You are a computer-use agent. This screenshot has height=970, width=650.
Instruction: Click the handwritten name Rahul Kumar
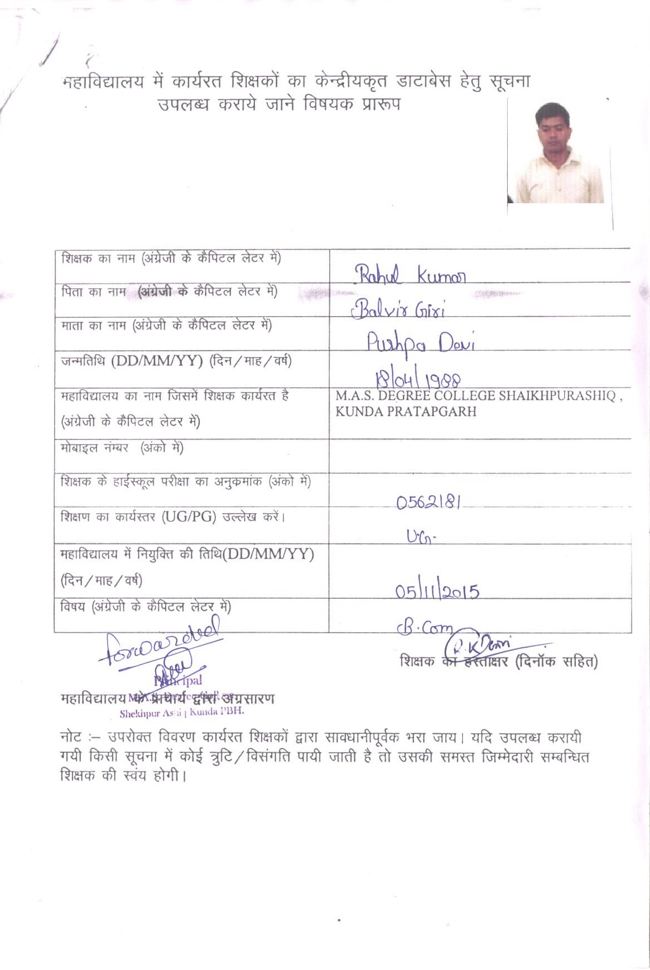click(411, 274)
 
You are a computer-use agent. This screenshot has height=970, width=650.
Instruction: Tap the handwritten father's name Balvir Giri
click(398, 308)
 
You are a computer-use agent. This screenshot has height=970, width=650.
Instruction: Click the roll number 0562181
click(428, 503)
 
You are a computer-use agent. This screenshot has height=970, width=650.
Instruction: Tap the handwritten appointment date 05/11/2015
click(437, 590)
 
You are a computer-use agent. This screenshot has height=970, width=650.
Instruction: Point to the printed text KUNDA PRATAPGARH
click(406, 412)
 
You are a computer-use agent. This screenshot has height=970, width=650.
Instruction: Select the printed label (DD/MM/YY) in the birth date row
click(157, 361)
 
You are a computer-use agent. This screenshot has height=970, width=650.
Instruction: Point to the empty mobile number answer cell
click(480, 456)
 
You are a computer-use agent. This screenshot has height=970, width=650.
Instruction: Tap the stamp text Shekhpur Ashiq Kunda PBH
click(182, 713)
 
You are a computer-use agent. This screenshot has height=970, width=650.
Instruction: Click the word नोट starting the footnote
click(71, 738)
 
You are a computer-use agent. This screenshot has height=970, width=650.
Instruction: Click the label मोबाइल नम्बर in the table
click(95, 448)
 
